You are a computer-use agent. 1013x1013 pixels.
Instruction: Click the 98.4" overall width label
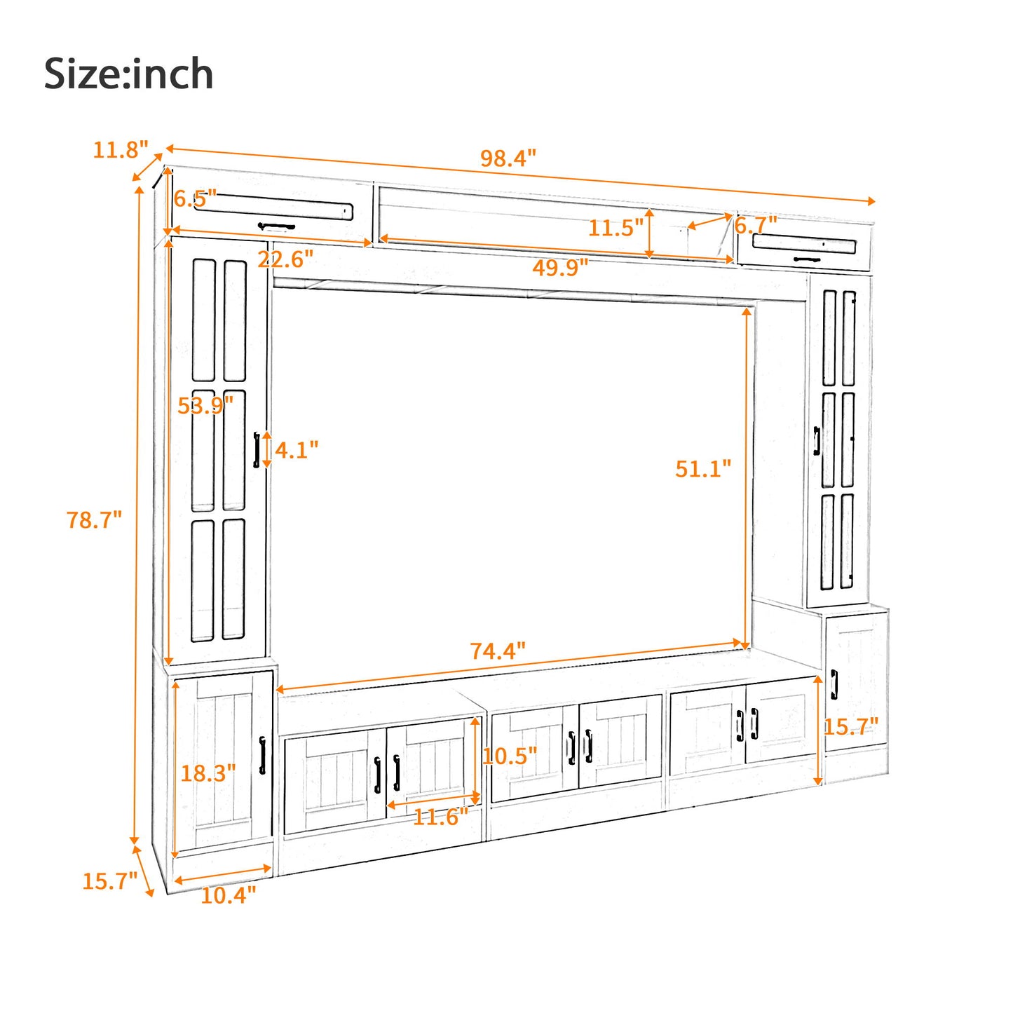pyautogui.click(x=508, y=158)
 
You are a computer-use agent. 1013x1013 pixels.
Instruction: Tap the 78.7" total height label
pyautogui.click(x=94, y=520)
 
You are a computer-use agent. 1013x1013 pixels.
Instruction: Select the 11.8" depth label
pyautogui.click(x=121, y=149)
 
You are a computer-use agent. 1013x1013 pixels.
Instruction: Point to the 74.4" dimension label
pyautogui.click(x=497, y=651)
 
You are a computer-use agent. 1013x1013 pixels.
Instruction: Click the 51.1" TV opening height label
pyautogui.click(x=702, y=468)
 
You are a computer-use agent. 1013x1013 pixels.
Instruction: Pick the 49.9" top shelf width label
pyautogui.click(x=559, y=267)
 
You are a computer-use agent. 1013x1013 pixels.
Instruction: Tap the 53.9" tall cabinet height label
pyautogui.click(x=205, y=405)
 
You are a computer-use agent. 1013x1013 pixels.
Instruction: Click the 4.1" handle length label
pyautogui.click(x=296, y=450)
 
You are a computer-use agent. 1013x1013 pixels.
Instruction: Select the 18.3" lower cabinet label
pyautogui.click(x=208, y=773)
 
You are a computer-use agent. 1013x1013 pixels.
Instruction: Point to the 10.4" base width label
pyautogui.click(x=228, y=895)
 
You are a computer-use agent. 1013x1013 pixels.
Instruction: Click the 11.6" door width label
pyautogui.click(x=440, y=817)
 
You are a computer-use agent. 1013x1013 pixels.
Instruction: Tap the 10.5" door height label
pyautogui.click(x=510, y=756)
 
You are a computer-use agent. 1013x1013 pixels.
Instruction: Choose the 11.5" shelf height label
pyautogui.click(x=615, y=228)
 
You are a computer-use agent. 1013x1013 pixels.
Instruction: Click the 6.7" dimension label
pyautogui.click(x=756, y=226)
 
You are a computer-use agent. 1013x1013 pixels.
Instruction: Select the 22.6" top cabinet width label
pyautogui.click(x=285, y=259)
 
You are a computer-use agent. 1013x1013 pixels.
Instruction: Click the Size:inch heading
pyautogui.click(x=128, y=74)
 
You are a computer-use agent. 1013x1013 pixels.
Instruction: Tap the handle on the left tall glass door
pyautogui.click(x=257, y=449)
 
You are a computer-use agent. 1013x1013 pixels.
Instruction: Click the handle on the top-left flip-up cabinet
pyautogui.click(x=276, y=226)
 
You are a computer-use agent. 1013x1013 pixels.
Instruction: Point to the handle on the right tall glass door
pyautogui.click(x=817, y=441)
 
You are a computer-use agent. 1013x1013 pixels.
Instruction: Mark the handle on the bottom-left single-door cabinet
pyautogui.click(x=262, y=755)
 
